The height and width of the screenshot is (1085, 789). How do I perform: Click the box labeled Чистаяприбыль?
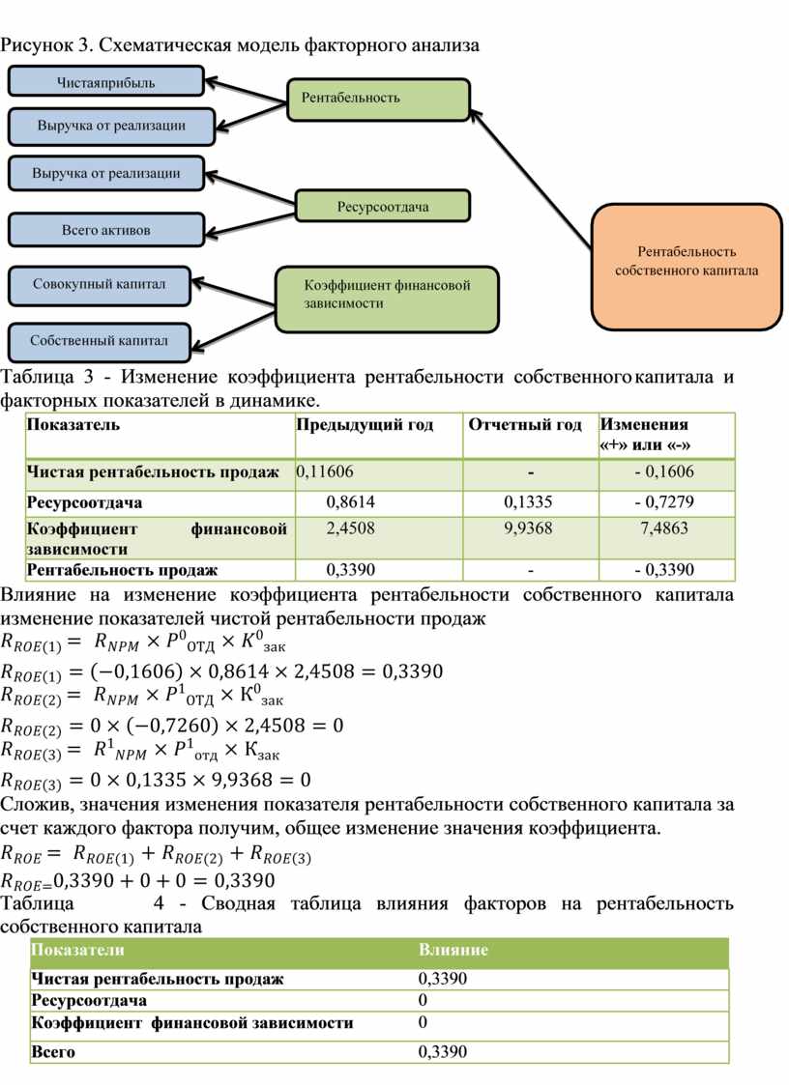tap(106, 81)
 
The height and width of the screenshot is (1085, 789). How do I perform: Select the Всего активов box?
tap(105, 230)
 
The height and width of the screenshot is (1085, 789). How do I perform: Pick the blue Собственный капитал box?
tap(99, 340)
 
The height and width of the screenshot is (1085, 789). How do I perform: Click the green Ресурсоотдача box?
tap(383, 206)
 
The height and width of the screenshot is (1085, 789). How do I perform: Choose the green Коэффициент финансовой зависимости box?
tap(388, 295)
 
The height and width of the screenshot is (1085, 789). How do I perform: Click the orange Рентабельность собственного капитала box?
tap(687, 262)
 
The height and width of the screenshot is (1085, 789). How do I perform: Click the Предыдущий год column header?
tap(365, 425)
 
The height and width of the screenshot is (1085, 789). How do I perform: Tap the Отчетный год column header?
tap(526, 425)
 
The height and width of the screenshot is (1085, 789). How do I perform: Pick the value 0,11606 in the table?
tap(326, 471)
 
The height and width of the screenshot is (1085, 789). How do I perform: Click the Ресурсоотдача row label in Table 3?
tap(85, 502)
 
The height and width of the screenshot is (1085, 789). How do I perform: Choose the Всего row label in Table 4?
tap(53, 1052)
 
